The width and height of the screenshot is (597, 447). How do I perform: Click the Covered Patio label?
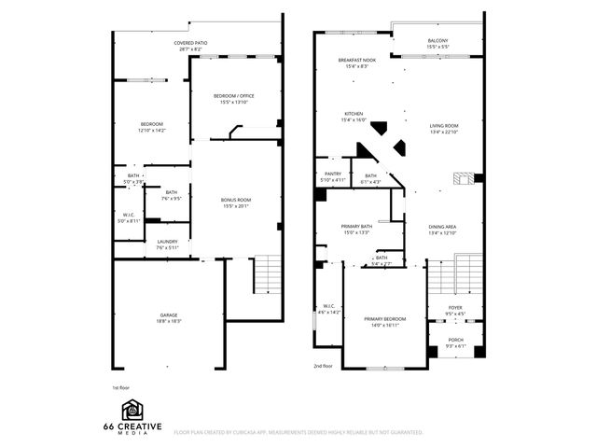[x=194, y=44]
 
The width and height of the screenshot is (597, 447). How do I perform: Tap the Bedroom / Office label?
[x=234, y=96]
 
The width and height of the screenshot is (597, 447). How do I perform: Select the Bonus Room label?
[x=236, y=200]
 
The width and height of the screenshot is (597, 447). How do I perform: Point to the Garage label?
[x=168, y=315]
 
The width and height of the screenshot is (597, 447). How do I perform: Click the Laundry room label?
[x=168, y=243]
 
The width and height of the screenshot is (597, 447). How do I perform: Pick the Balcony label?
[x=438, y=41]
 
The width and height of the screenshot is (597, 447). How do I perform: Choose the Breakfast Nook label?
[x=357, y=61]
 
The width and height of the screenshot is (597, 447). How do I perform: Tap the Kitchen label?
[x=353, y=115]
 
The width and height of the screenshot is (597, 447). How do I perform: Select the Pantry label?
[x=333, y=174]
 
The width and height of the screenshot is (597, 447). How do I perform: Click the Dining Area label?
[x=442, y=228]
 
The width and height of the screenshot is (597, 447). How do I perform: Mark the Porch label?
[x=455, y=340]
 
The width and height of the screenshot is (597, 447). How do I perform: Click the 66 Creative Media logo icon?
[x=132, y=410]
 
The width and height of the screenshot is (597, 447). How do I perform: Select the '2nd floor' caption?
[x=323, y=366]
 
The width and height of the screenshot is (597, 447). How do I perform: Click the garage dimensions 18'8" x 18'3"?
[x=168, y=321]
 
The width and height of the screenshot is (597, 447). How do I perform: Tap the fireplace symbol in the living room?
[x=460, y=178]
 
